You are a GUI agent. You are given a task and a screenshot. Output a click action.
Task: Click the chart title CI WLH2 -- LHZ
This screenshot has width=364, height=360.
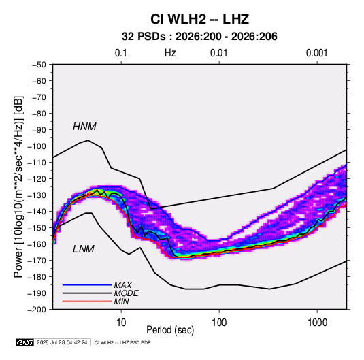[x=199, y=19]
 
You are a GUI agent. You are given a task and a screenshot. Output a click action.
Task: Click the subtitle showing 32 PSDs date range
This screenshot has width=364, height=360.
[x=199, y=37]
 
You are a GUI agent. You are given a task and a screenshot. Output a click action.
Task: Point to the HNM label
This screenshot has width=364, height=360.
[x=84, y=127]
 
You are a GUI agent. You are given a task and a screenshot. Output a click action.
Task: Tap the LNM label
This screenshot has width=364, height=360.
[x=84, y=249]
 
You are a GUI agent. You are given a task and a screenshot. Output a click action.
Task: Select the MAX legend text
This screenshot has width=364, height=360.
[x=122, y=285]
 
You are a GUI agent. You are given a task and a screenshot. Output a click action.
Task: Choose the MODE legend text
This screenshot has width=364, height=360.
[x=126, y=293]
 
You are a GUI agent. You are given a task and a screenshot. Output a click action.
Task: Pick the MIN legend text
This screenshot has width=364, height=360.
[x=121, y=301]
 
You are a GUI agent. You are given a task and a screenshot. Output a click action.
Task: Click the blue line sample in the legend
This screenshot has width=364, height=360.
[x=87, y=285]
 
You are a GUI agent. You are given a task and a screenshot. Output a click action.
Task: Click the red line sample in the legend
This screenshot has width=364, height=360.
[x=87, y=301]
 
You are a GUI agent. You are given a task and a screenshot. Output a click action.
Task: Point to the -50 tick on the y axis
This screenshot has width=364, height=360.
[x=39, y=65]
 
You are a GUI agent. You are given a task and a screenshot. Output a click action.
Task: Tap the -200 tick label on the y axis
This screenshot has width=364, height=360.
[x=37, y=310]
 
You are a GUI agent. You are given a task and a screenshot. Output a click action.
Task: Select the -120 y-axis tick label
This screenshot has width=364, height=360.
[x=37, y=179]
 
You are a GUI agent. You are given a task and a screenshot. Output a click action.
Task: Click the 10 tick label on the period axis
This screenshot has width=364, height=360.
[x=121, y=323]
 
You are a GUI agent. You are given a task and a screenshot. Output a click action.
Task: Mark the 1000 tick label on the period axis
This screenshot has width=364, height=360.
[x=317, y=323]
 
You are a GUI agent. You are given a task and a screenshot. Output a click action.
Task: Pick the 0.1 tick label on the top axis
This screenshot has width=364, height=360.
[x=121, y=53]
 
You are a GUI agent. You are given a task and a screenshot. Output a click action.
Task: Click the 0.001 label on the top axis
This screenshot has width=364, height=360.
[x=316, y=53]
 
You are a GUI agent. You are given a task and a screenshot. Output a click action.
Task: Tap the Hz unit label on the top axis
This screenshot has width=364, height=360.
[x=170, y=53]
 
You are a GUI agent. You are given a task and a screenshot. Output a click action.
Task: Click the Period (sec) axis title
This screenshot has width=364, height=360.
[x=170, y=330]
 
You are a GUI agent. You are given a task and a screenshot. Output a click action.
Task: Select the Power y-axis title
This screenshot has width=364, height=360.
[x=18, y=187]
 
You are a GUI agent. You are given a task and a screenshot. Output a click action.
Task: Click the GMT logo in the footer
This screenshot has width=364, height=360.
[x=24, y=342]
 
